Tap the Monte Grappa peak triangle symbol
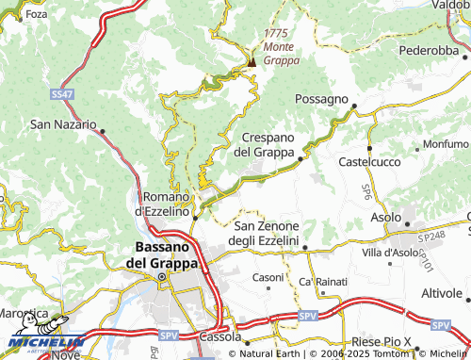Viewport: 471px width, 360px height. click(252, 63)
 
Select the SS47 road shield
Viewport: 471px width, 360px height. click(61, 95)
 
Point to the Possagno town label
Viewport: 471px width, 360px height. click(322, 99)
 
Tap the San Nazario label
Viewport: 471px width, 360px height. click(63, 123)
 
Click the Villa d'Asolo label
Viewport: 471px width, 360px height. click(388, 253)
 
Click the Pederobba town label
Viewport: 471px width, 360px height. click(428, 50)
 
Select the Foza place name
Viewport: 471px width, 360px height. click(36, 15)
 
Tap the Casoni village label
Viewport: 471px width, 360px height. click(268, 277)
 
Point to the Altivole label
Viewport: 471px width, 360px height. click(442, 293)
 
